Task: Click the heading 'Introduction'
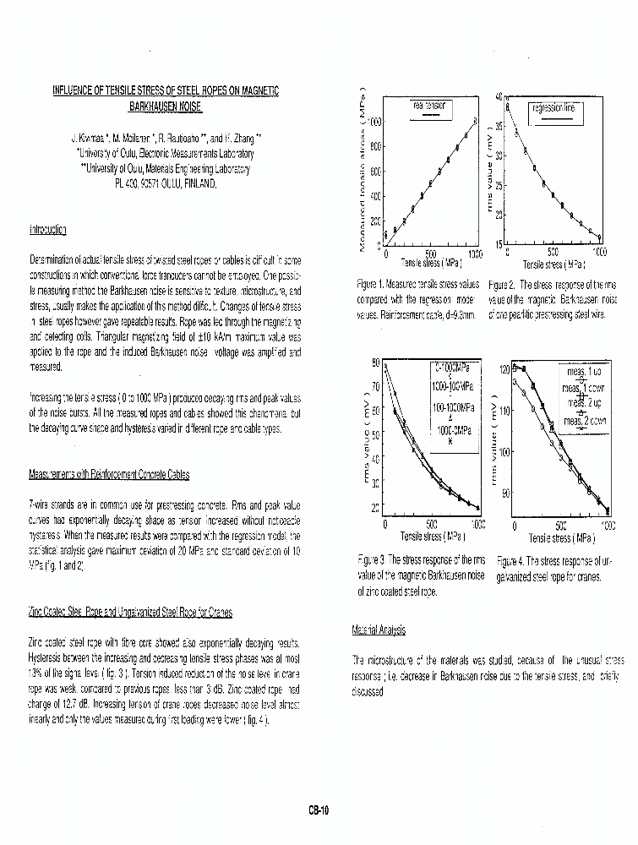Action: [x=48, y=230]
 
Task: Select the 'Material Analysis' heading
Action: [x=378, y=630]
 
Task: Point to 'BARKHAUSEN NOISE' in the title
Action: [x=166, y=107]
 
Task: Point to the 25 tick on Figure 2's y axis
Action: [x=499, y=185]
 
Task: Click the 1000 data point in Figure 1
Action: [x=476, y=122]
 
